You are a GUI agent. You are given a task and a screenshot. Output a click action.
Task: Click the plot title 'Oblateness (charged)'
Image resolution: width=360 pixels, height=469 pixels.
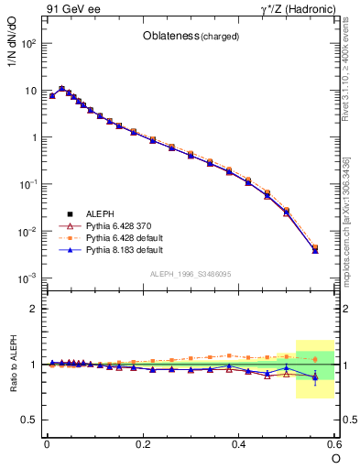tap(191, 37)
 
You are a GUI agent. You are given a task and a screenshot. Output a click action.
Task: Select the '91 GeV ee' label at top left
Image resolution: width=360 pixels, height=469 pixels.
tap(71, 9)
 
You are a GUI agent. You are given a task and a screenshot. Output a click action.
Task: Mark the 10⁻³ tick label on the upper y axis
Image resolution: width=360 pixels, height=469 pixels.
tap(28, 278)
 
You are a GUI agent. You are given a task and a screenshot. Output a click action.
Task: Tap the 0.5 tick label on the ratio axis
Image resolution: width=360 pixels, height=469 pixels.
tap(28, 420)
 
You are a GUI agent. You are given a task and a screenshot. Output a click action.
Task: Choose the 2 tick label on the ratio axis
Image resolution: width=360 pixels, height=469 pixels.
tap(33, 309)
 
